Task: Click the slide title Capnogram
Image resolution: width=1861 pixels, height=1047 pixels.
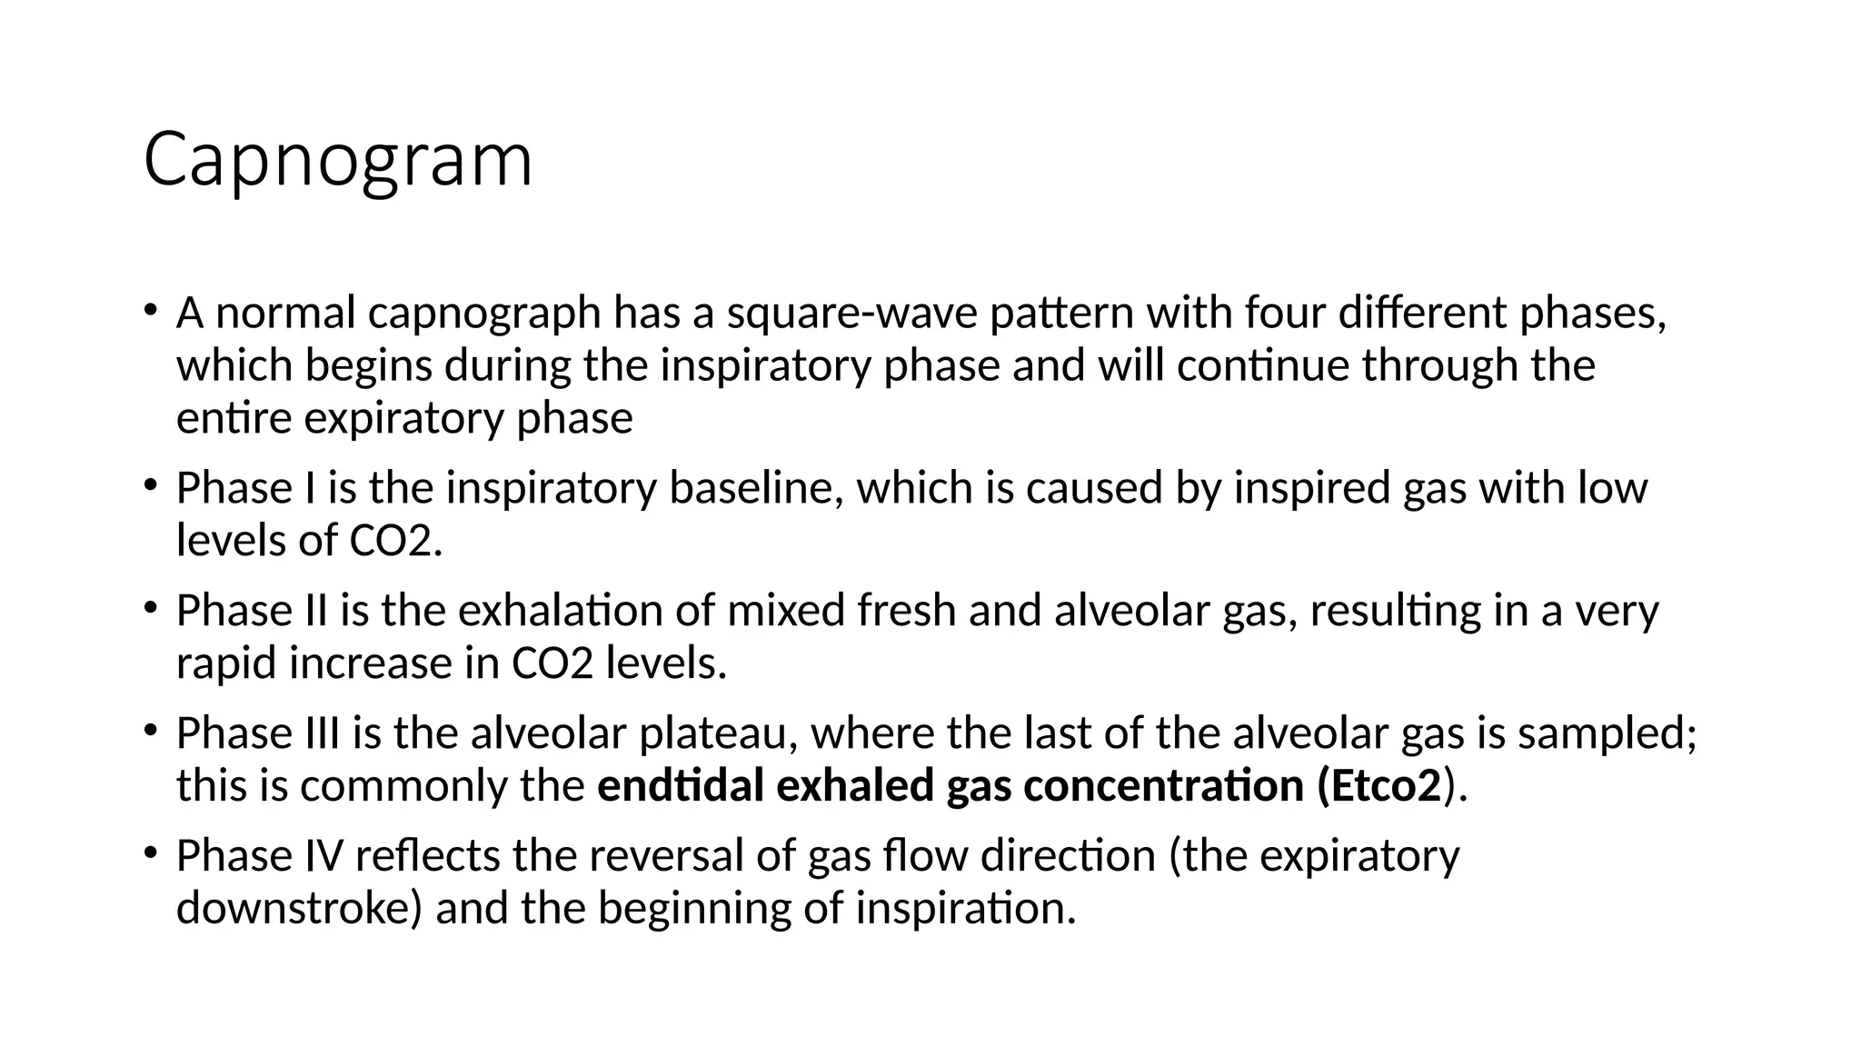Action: coord(337,161)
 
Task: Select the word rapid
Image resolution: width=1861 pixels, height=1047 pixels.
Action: coord(226,663)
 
